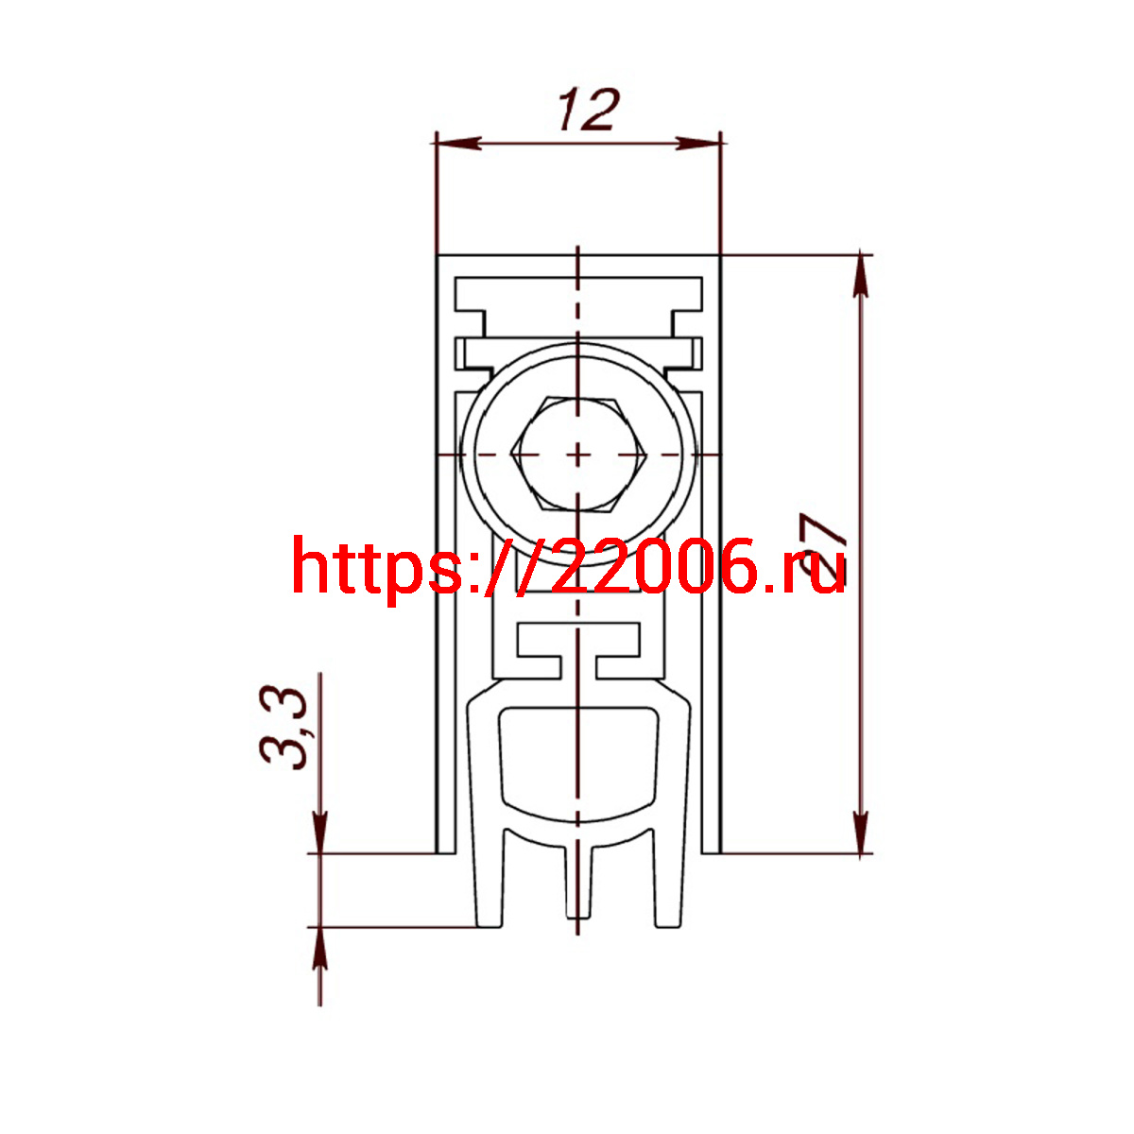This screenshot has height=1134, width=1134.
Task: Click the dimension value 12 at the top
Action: pos(589,110)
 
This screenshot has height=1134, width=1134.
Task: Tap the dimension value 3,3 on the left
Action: pos(283,728)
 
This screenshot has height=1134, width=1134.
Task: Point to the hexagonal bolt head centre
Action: pos(578,455)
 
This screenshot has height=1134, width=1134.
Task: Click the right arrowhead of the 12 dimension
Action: pos(698,143)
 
